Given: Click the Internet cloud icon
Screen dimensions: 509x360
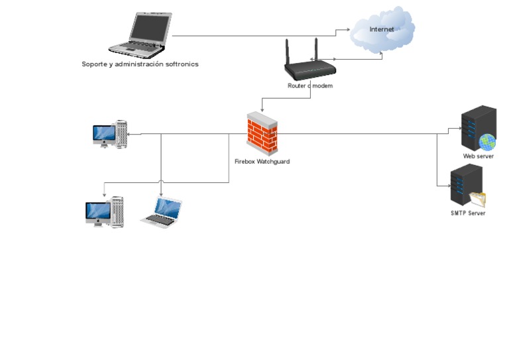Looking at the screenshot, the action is tap(382, 30).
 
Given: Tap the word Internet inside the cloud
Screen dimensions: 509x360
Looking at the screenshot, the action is tap(382, 29).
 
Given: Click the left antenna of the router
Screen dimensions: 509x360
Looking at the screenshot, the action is tap(287, 52).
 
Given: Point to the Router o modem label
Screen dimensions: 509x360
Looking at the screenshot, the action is tap(310, 86).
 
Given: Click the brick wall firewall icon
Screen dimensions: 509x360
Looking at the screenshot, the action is tap(262, 133).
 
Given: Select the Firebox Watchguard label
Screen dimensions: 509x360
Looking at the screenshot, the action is tap(262, 161).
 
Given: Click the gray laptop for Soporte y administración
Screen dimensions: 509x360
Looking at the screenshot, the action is tap(141, 35).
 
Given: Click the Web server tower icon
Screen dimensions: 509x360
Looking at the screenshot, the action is tap(479, 128).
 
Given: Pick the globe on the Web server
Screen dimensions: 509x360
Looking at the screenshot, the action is tap(488, 142).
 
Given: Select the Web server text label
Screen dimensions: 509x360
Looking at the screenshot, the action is tap(478, 156).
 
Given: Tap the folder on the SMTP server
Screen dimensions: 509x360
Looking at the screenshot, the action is tap(477, 199).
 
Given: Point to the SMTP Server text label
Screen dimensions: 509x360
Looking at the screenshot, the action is tap(468, 213).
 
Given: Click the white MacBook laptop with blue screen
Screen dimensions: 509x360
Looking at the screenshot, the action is tap(162, 212).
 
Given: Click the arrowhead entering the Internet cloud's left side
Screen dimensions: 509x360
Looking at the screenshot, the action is tap(349, 30).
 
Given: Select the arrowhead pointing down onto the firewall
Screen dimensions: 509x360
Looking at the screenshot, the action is tap(262, 110).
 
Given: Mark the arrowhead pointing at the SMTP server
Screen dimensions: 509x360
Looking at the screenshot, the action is tap(449, 186).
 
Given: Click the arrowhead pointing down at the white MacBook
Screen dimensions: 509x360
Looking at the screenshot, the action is tap(161, 194).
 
